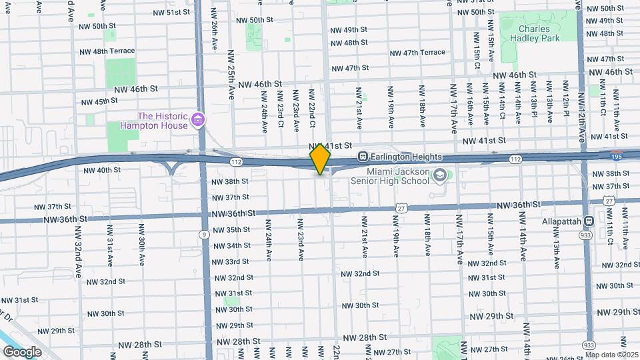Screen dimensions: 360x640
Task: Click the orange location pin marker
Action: [321, 159]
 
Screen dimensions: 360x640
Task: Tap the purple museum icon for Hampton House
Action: [197, 120]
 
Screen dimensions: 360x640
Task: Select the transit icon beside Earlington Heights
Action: [363, 157]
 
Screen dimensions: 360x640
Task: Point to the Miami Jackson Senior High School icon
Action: [439, 176]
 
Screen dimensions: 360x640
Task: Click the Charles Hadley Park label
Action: [534, 33]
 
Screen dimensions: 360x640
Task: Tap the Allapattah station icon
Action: [589, 221]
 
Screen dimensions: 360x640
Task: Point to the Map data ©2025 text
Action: [611, 355]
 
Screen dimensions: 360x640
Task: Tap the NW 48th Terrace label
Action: [107, 51]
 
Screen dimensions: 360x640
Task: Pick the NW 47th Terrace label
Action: [417, 53]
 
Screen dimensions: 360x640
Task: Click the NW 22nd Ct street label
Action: [312, 106]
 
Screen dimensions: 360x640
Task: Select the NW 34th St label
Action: [229, 245]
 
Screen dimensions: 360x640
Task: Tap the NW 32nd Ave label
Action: [78, 243]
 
